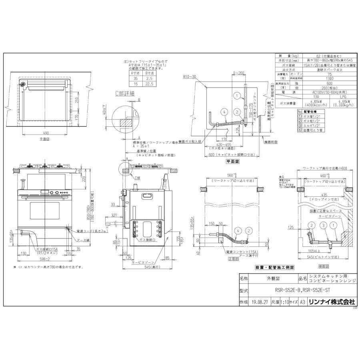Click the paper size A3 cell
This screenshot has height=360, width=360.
click(x=303, y=303)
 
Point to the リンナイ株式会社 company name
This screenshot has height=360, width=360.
click(x=331, y=303)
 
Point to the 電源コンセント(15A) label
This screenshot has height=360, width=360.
click(x=232, y=252)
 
